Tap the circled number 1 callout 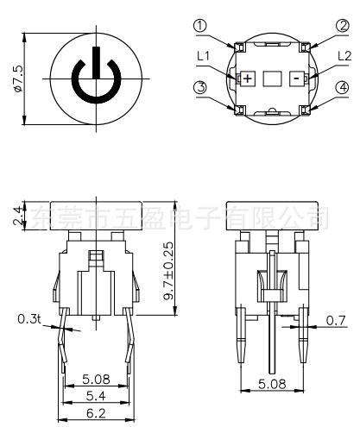pos(200,25)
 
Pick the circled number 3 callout pos(200,88)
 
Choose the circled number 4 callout pos(344,88)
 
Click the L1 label pos(204,55)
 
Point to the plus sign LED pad pos(249,77)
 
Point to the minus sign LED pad pos(295,77)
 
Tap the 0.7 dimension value pos(336,321)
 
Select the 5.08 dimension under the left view pos(94,377)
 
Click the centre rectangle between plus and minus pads pos(272,77)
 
